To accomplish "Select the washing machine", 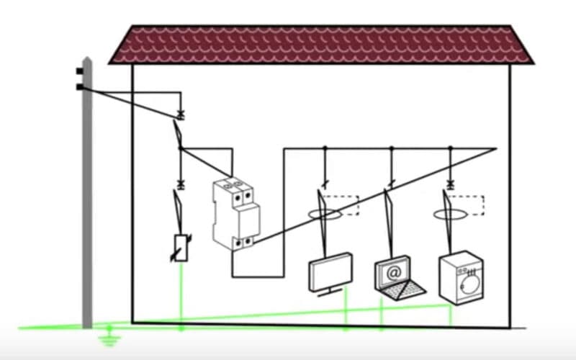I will pos(461,276).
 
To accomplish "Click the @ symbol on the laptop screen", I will pos(393,273).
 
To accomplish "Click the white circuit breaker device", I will pos(235,213).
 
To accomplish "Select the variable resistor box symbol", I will pos(181,248).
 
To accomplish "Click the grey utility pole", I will pos(87,202).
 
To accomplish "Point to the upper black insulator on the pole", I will pos(78,71).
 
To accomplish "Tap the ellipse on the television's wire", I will pos(323,214).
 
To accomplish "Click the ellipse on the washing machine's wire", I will pos(449,214).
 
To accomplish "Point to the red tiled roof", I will pos(320,45).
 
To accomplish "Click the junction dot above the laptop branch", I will pos(391,149).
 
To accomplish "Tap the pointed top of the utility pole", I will pos(86,59).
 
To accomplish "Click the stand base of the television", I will pos(330,292).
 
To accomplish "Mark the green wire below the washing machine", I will pos(451,312).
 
